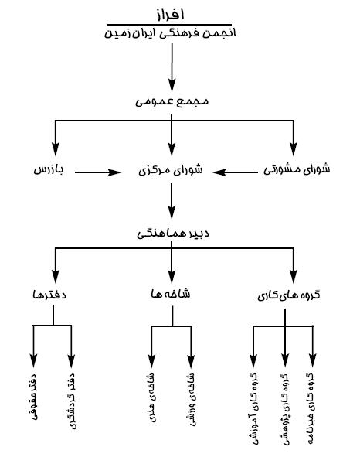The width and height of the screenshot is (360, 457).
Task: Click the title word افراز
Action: (171, 15)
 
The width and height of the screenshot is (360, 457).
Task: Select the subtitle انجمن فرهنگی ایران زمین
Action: (170, 33)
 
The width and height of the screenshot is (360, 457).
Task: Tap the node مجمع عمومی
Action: (172, 101)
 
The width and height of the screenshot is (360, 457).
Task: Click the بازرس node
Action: (49, 169)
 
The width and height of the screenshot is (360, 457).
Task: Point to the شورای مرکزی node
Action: (171, 170)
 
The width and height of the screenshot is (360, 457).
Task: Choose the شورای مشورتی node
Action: (297, 169)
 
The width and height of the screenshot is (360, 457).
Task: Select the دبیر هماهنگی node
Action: (173, 234)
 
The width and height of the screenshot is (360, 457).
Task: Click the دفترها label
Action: (49, 295)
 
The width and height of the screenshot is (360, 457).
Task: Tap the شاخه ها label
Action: (171, 294)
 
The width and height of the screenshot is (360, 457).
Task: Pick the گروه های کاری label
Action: (289, 295)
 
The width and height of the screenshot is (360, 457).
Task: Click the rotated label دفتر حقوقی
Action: (33, 397)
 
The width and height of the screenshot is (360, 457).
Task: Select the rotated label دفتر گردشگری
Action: (72, 401)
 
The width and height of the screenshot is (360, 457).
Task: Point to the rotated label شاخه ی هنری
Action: (151, 397)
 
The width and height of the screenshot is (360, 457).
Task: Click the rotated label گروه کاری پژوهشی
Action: (285, 410)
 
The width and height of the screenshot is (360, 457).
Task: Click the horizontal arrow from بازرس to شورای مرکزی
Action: (97, 172)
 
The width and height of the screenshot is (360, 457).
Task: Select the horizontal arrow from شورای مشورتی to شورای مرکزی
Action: (235, 172)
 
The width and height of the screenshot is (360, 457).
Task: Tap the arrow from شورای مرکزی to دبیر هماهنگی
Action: (172, 201)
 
